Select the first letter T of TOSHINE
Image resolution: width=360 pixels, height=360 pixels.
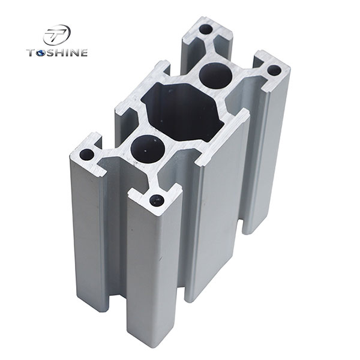tap(31, 53)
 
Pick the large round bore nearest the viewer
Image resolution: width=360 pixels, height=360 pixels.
tap(144, 148)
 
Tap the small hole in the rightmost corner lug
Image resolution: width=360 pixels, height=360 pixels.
tap(274, 71)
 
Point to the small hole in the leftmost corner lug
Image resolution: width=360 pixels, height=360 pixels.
tap(87, 155)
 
